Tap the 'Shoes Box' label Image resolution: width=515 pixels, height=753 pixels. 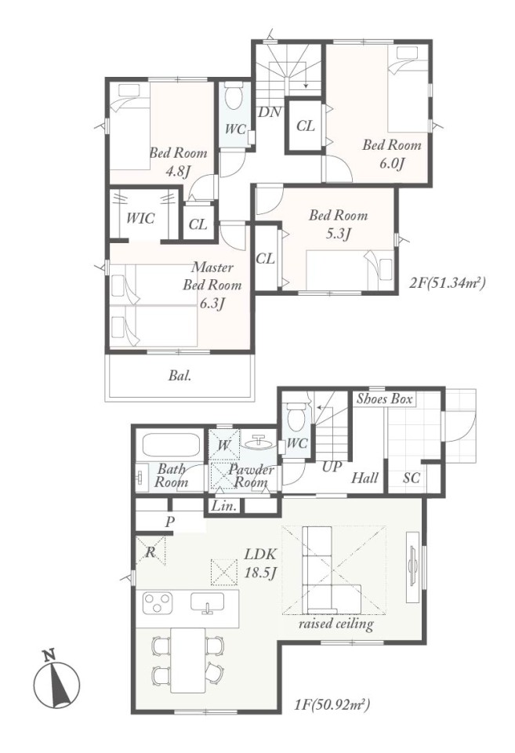(384, 398)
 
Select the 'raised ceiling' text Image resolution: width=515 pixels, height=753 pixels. (335, 624)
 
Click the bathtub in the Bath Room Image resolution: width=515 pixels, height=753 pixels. (172, 446)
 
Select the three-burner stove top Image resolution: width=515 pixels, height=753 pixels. (158, 603)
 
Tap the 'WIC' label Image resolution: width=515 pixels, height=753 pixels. (140, 219)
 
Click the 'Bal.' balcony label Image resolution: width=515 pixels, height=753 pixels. (180, 376)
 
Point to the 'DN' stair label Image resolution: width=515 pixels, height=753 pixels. (270, 112)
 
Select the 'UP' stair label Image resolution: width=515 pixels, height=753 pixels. (332, 466)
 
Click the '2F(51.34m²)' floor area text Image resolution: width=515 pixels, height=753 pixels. (448, 283)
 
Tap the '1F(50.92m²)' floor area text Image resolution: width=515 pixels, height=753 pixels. (332, 705)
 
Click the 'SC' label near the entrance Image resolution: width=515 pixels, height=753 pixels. (412, 478)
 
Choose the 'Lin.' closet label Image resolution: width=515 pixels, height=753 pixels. (223, 506)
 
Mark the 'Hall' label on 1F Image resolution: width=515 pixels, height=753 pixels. (364, 478)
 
